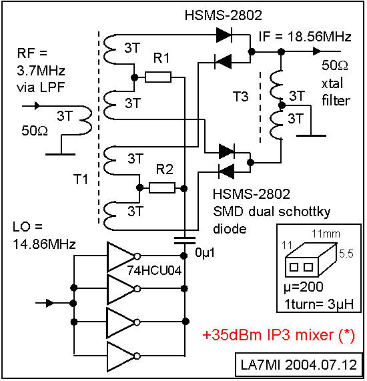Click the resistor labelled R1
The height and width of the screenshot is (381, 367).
coord(158,77)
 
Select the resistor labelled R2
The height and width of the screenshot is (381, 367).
coord(162,187)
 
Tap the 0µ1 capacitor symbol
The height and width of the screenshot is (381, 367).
coord(185,240)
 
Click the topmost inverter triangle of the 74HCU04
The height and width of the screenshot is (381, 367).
coord(121,256)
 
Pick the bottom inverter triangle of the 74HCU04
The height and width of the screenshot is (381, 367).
coord(121,356)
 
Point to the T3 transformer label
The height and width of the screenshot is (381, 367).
coord(241,96)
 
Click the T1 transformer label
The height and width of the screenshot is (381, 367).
coord(81,179)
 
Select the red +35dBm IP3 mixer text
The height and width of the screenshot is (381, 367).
coord(278,336)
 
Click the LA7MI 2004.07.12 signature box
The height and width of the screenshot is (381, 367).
coord(299,364)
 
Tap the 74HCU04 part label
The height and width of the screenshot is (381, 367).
coord(155,270)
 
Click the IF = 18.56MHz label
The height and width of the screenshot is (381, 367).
coord(305,37)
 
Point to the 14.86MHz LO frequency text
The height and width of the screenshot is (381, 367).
coord(45,244)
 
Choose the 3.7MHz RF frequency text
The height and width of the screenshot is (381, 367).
coord(41,71)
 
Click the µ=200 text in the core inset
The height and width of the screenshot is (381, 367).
coord(304,287)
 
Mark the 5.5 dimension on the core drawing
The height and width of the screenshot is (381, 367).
coord(346,254)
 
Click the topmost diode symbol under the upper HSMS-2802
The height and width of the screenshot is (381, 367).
coord(224,35)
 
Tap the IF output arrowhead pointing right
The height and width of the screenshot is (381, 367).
coord(317,51)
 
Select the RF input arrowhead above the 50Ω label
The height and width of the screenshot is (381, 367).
coord(37,106)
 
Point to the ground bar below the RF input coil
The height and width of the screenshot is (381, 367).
coord(61,154)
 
